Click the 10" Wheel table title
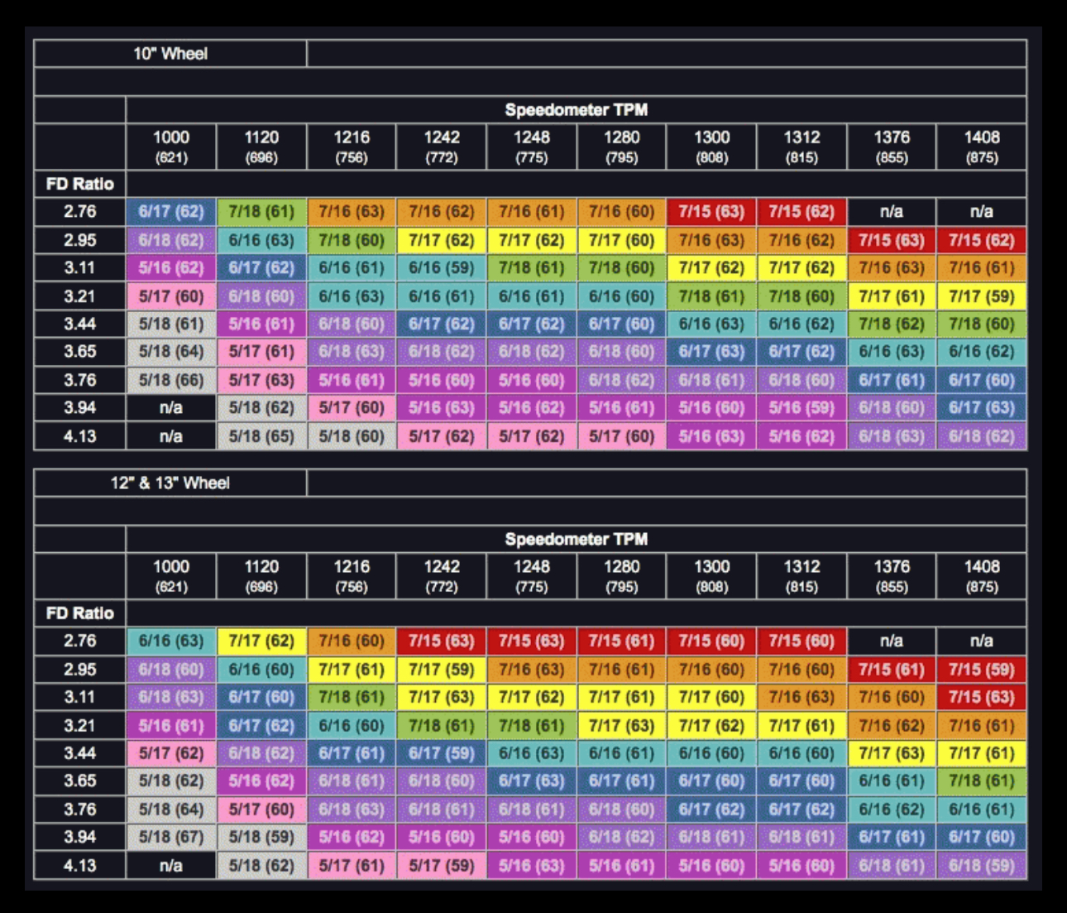(170, 54)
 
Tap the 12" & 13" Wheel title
(170, 483)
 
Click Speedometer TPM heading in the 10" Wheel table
(576, 110)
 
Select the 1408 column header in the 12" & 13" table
(982, 576)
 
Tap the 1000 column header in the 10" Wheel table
(171, 147)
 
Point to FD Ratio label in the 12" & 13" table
(80, 613)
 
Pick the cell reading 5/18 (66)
(171, 380)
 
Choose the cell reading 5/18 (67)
(171, 837)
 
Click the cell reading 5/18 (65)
(261, 436)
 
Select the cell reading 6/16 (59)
(442, 267)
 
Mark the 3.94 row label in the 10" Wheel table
(80, 408)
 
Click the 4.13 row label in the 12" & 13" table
(80, 866)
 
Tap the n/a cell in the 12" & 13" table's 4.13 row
(171, 866)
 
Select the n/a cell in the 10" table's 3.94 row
(171, 408)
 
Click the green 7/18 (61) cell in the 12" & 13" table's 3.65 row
(982, 781)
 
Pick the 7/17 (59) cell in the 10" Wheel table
(982, 296)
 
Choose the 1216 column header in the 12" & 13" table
(352, 576)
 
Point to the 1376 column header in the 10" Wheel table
(892, 147)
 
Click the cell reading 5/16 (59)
(801, 408)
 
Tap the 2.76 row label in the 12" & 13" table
(80, 641)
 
